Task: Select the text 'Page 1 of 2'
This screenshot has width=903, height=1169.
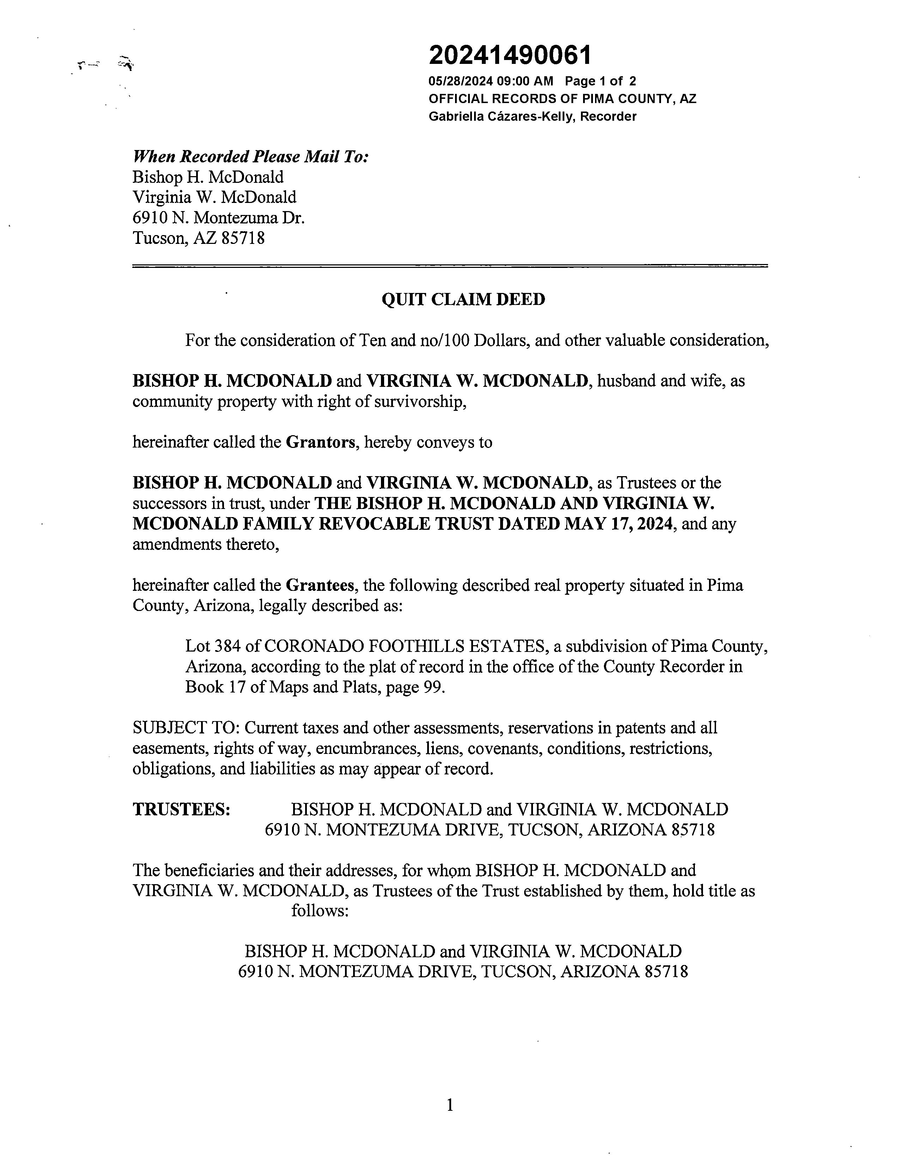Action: [x=600, y=82]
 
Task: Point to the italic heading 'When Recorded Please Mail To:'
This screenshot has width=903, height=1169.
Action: [x=250, y=157]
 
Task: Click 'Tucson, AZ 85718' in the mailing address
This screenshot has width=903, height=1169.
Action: [x=199, y=238]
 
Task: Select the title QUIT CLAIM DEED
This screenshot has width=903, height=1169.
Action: [x=463, y=299]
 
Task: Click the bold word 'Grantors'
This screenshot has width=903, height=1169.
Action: [x=320, y=443]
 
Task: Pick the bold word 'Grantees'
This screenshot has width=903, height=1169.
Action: [x=320, y=586]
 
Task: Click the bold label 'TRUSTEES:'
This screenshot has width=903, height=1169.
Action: [x=181, y=810]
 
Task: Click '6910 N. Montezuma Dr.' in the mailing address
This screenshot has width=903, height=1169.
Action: [x=218, y=218]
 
